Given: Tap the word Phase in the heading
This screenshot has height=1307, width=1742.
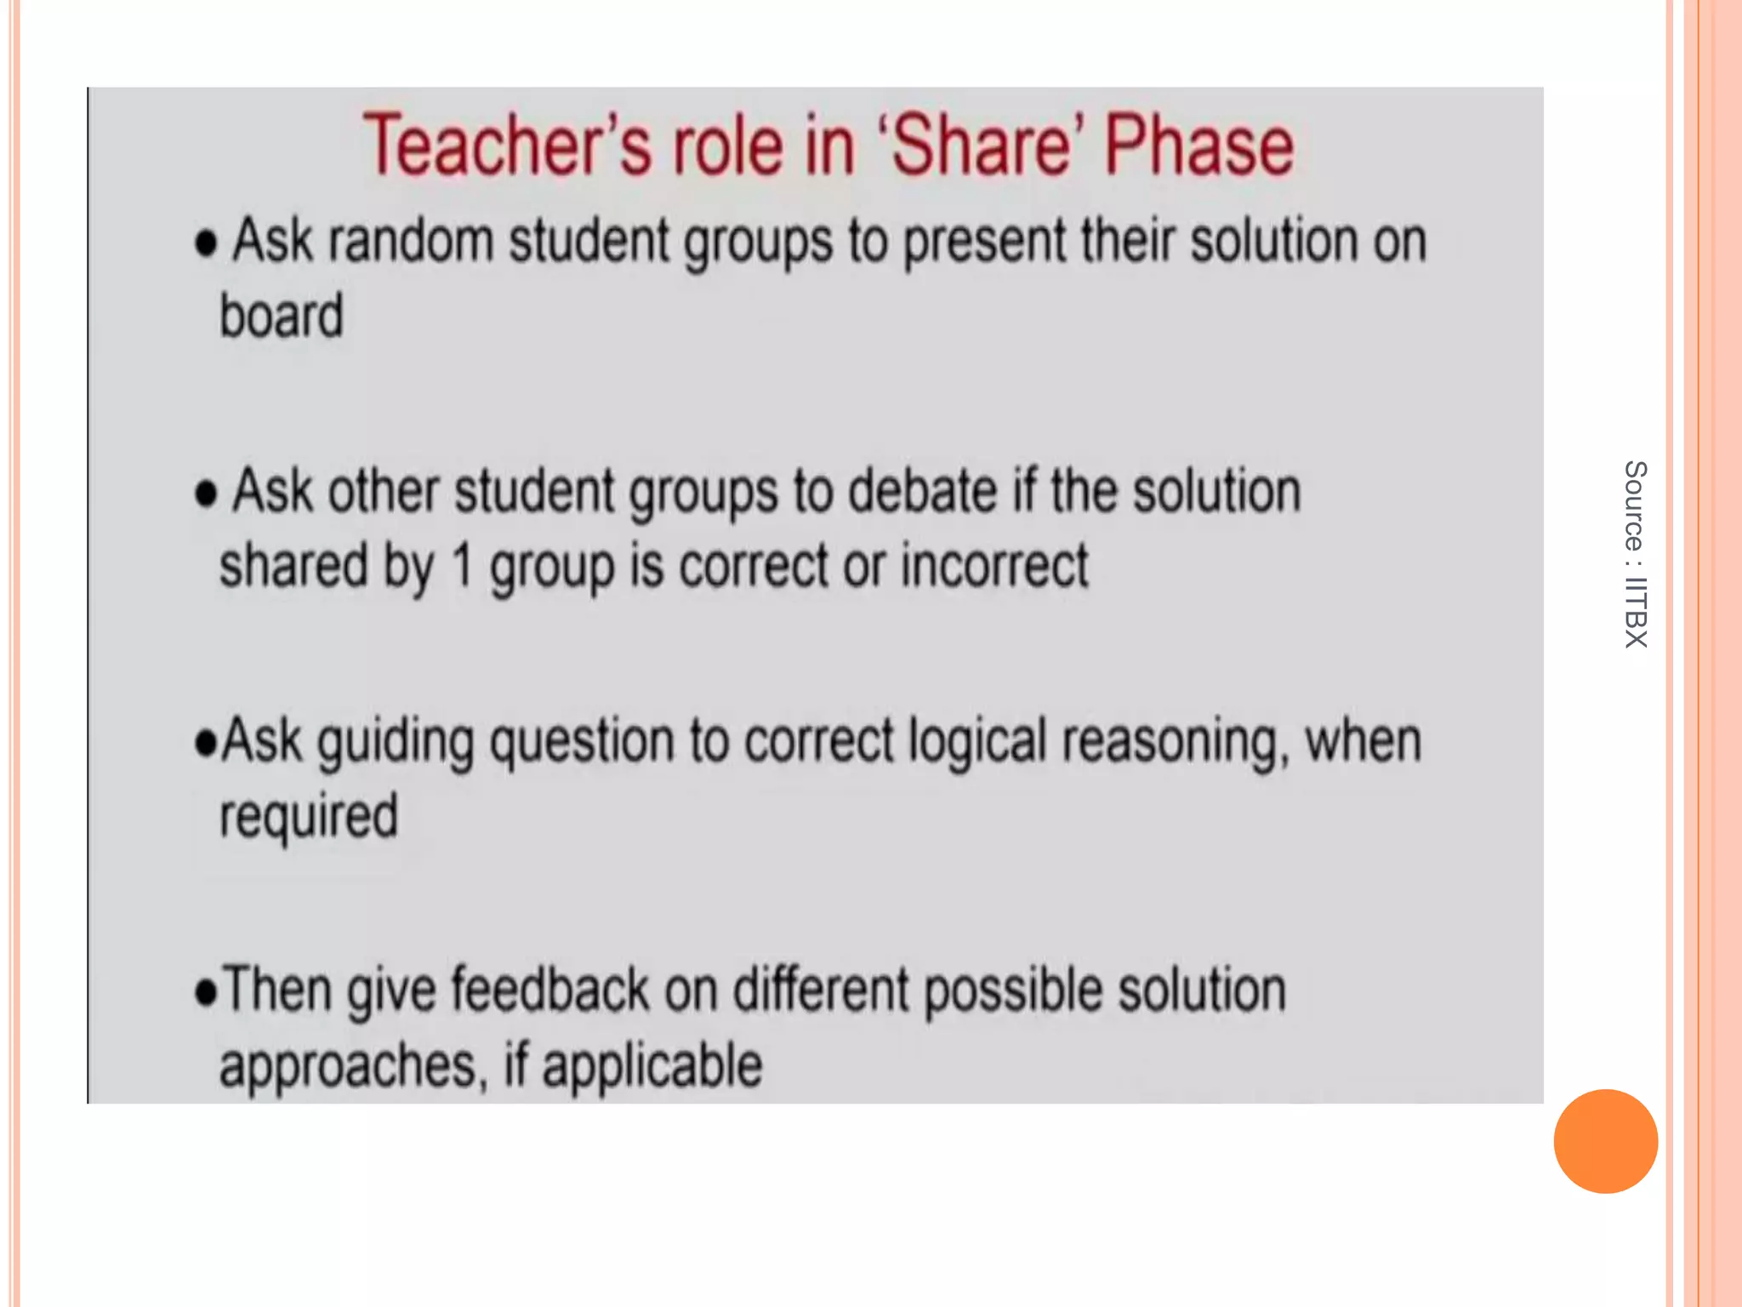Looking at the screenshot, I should [x=1199, y=146].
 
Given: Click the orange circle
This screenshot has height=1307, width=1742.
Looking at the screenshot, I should [x=1605, y=1141].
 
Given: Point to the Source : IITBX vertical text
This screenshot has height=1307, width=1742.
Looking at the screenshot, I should [x=1635, y=554].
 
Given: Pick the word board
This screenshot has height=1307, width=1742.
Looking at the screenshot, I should [x=282, y=316].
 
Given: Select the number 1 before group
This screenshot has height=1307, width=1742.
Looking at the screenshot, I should [x=462, y=566].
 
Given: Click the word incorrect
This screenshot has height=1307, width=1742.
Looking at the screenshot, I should [x=994, y=566].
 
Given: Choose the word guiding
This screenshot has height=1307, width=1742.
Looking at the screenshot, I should [x=396, y=742].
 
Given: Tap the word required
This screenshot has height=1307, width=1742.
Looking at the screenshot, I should [x=309, y=817].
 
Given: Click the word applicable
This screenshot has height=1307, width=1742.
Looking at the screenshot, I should [x=652, y=1065].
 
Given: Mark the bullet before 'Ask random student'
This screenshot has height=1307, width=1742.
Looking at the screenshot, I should [x=206, y=243].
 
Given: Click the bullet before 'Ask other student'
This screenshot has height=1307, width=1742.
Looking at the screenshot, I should [x=206, y=494].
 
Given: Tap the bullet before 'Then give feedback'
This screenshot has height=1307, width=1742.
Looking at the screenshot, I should [x=206, y=992].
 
